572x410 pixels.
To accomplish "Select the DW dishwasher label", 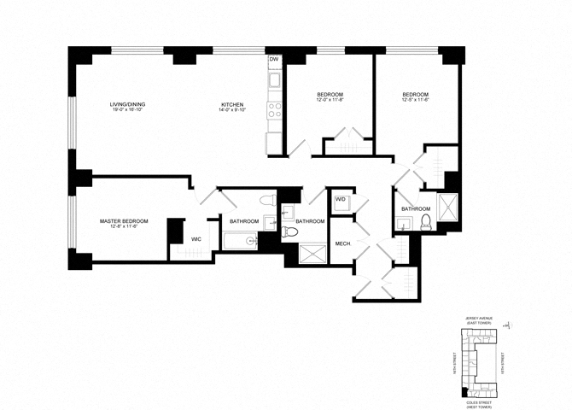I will [274, 60].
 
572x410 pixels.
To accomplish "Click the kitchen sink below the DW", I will [275, 81].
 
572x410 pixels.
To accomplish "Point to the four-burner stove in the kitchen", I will [275, 110].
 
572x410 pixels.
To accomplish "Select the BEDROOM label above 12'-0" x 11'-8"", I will [330, 94].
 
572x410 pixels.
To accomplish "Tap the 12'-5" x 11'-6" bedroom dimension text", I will [415, 101].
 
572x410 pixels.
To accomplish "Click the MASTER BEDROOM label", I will [124, 220].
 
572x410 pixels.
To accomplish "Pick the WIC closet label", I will [196, 239].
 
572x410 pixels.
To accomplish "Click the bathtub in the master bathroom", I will [240, 241].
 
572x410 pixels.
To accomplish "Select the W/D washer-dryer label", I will [340, 201].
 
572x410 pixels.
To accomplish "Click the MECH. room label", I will [344, 243].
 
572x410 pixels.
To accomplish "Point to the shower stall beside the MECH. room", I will [312, 254].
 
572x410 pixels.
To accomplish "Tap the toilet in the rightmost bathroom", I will [424, 223].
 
